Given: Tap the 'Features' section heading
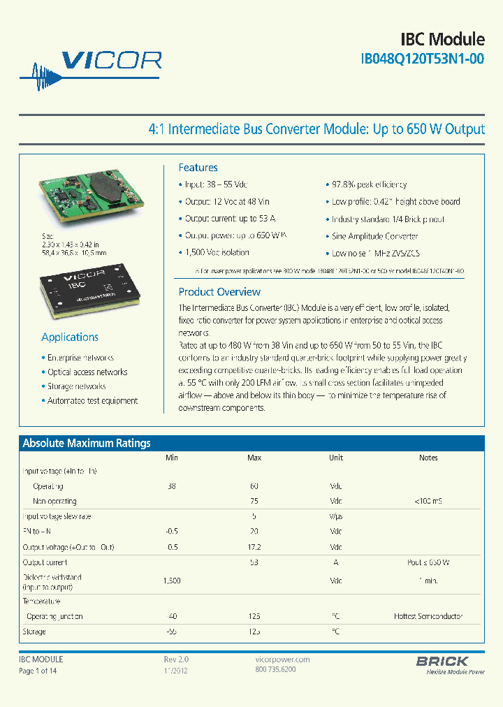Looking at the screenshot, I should (x=198, y=168).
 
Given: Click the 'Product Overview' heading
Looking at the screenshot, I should (x=219, y=292).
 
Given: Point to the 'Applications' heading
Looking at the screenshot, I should (x=70, y=337).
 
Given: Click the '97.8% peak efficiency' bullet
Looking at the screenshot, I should (x=369, y=184).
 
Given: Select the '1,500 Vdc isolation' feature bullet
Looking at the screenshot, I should (x=217, y=252).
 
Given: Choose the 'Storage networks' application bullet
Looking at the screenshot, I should (x=76, y=386).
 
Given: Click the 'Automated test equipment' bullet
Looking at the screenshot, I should (x=92, y=401).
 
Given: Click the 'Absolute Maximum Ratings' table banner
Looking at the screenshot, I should (x=87, y=443).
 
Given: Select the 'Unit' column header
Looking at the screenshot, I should (x=336, y=458).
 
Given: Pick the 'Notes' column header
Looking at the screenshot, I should (x=428, y=458).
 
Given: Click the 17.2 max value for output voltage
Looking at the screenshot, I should (x=254, y=547).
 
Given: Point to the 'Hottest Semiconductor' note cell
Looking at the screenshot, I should (x=428, y=616).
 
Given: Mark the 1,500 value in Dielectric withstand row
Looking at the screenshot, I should (x=172, y=581).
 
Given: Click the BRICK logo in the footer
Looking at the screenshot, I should (x=442, y=661).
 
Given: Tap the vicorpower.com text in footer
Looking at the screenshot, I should (x=279, y=659).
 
